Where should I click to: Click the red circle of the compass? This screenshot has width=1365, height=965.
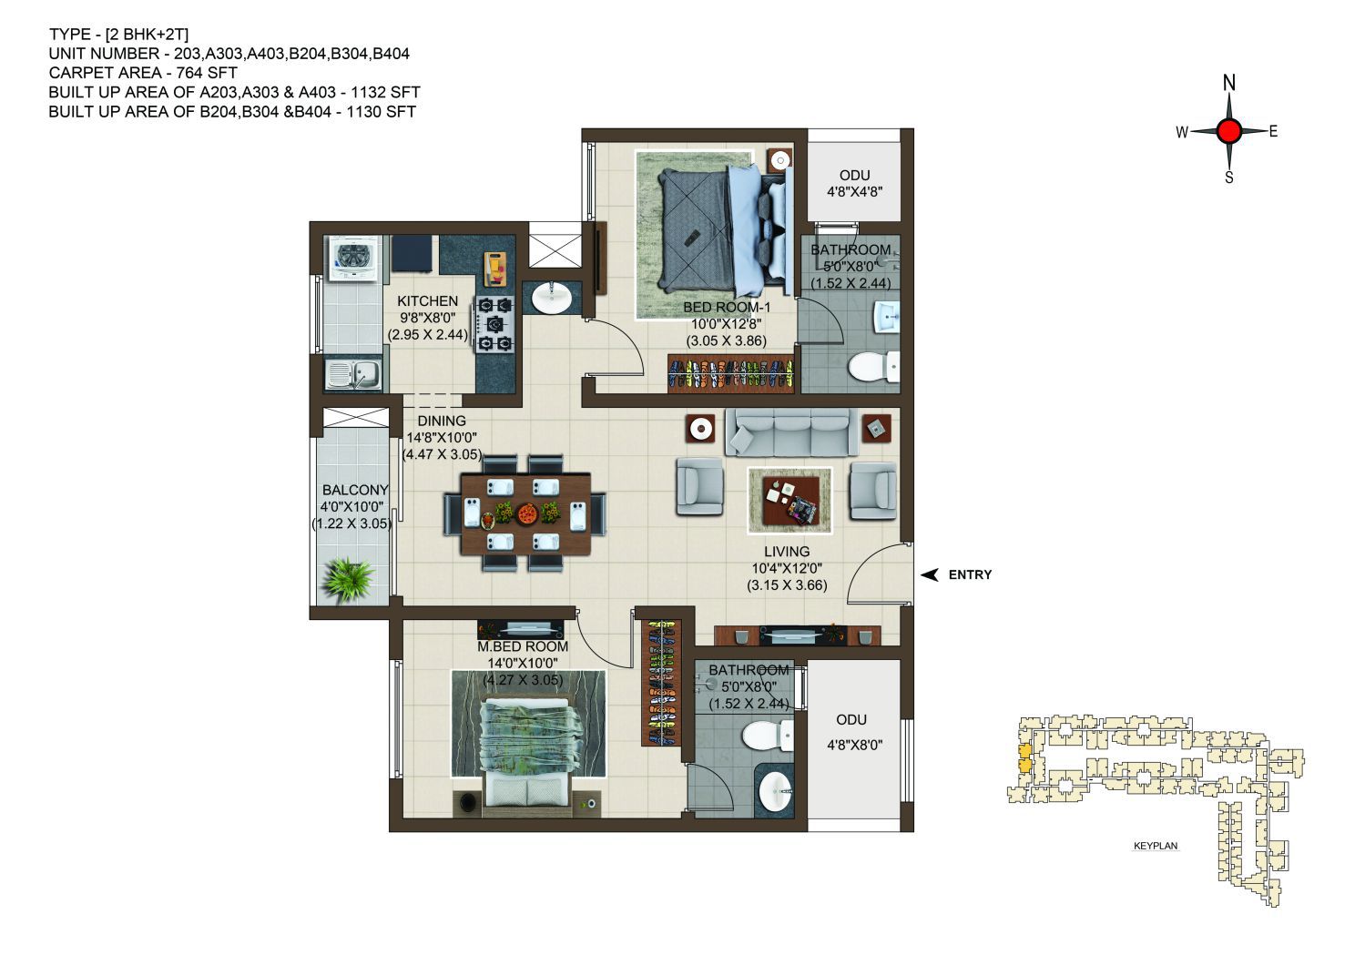click(x=1228, y=131)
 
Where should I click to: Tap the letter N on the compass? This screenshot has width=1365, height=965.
click(x=1229, y=83)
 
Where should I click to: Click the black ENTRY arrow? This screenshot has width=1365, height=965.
click(x=930, y=574)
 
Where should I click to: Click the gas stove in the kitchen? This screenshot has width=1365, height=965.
click(x=494, y=323)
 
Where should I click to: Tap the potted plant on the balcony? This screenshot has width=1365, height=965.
click(x=348, y=580)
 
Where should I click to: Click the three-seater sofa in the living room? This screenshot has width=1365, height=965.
click(x=791, y=432)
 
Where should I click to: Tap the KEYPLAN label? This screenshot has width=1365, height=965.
click(x=1156, y=846)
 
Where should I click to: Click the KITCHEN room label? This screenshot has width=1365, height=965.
click(x=427, y=301)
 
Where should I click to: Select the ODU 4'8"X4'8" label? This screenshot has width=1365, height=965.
click(x=854, y=183)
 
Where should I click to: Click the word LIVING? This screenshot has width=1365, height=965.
click(x=787, y=552)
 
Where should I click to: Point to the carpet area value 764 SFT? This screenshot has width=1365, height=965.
click(x=207, y=73)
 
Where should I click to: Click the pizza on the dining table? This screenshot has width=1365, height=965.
click(x=526, y=513)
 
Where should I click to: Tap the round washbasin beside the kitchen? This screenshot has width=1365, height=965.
click(x=552, y=299)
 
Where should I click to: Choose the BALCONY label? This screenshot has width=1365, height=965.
click(x=355, y=490)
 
